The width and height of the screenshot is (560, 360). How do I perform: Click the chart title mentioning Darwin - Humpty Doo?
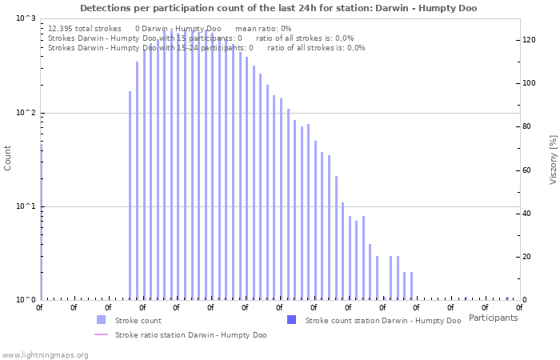[278, 8]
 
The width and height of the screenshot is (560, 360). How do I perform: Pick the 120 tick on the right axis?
[529, 40]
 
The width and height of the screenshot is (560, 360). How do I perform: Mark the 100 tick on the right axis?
[529, 83]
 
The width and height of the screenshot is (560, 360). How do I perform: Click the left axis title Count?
[8, 158]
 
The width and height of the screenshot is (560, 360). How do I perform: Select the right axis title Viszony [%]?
[552, 159]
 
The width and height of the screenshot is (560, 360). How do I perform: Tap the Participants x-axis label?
[493, 318]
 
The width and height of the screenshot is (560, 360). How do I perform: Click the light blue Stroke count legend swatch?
[101, 320]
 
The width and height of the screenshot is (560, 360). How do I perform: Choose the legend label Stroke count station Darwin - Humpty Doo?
[382, 320]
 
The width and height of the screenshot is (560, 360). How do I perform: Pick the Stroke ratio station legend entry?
[190, 334]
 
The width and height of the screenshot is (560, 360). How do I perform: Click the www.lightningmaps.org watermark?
[46, 354]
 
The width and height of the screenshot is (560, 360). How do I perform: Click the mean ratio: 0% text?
[263, 29]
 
